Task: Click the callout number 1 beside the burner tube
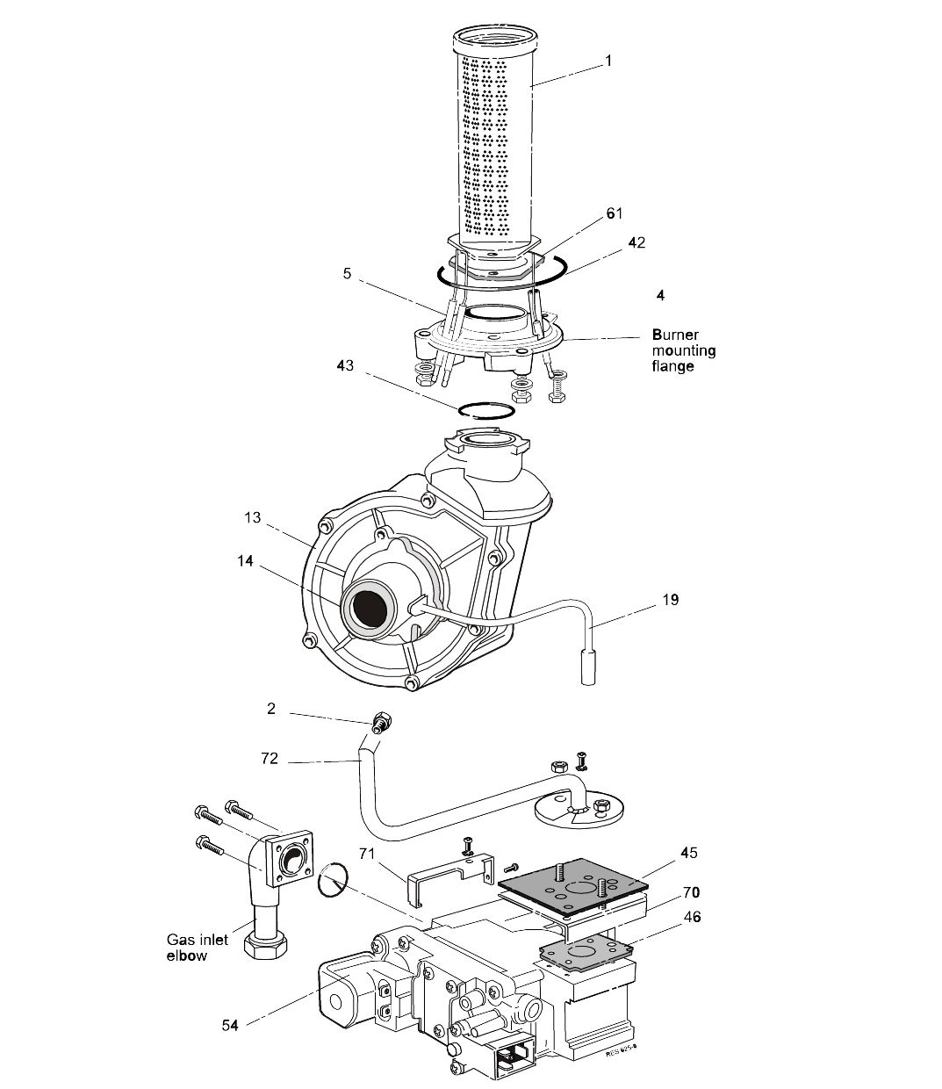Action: [608, 61]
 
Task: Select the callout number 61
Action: [614, 213]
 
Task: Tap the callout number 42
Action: [637, 242]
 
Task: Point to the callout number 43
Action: [345, 364]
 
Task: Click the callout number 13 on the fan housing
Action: [253, 517]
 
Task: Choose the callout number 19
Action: [671, 600]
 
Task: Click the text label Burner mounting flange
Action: [683, 350]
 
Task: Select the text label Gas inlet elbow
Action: [197, 947]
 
